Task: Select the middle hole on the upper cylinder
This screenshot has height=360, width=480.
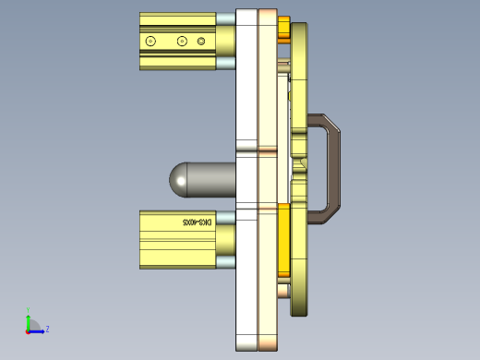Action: coord(182,41)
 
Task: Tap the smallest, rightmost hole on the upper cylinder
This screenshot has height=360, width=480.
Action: coord(201,41)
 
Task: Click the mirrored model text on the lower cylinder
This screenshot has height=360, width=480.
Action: coord(198,222)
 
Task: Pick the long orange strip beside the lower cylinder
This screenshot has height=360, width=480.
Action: coord(283,240)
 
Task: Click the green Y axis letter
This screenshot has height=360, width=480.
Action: coord(29,310)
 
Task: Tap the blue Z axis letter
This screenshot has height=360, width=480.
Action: coord(47,328)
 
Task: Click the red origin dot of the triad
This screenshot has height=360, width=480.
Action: coord(28,330)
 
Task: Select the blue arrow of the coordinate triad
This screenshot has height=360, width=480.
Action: coord(38,330)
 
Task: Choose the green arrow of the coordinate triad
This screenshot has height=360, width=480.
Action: coord(28,321)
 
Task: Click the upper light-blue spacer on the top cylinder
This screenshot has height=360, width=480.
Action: coord(225,18)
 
